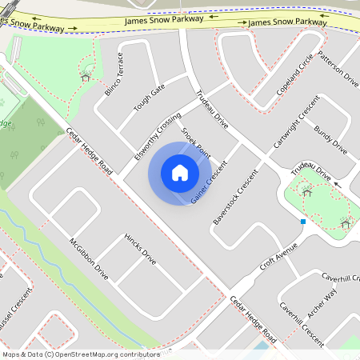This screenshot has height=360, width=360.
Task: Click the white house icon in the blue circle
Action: [180, 172]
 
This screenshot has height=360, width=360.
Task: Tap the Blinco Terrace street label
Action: [114, 74]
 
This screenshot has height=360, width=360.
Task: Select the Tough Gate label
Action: [150, 97]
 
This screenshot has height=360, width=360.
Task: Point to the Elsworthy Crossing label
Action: [158, 136]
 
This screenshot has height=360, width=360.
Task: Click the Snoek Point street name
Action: [196, 141]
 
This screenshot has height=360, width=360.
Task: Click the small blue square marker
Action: [303, 221]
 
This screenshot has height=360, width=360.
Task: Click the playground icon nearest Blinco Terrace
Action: [85, 77]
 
